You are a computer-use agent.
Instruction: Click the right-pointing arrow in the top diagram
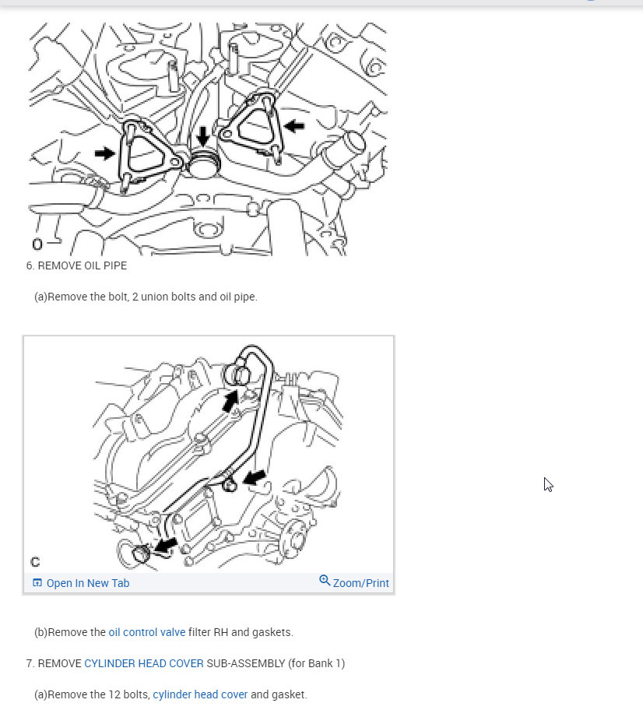(x=104, y=153)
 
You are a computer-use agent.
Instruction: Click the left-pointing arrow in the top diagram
(x=294, y=125)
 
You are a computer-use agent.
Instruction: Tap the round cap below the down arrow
(x=204, y=166)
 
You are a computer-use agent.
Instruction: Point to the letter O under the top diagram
(x=37, y=244)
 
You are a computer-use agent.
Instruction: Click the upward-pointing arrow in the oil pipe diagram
(x=230, y=401)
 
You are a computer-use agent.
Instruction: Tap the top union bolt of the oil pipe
(x=239, y=376)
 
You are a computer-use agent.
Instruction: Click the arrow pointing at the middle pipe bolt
(x=254, y=476)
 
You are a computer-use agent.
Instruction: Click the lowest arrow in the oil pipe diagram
(x=165, y=545)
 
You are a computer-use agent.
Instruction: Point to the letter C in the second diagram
(x=35, y=561)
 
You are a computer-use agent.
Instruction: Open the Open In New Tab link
(x=87, y=583)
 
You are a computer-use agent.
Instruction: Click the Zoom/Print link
(x=360, y=583)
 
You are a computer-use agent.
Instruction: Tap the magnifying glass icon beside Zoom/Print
(x=325, y=582)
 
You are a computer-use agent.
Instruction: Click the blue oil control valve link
(x=146, y=632)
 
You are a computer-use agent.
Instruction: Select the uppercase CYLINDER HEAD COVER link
(x=144, y=663)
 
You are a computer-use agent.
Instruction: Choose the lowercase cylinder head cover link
(x=200, y=694)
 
